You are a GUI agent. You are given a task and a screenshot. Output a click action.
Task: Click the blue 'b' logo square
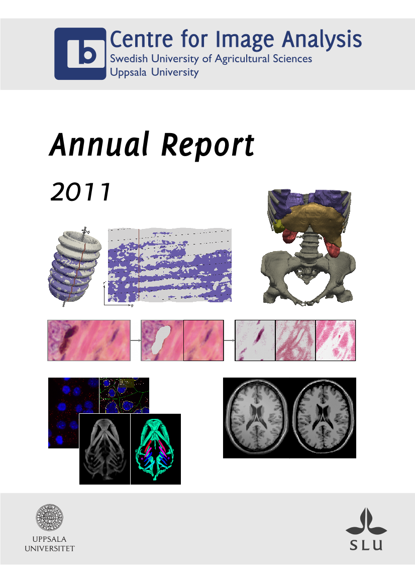pyautogui.click(x=80, y=54)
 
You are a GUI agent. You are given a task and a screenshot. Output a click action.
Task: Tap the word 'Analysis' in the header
pyautogui.click(x=322, y=39)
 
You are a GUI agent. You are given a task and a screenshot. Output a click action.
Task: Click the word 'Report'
pyautogui.click(x=208, y=146)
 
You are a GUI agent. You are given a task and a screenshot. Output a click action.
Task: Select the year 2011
pyautogui.click(x=80, y=192)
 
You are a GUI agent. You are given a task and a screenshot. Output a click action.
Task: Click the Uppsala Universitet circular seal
pyautogui.click(x=49, y=517)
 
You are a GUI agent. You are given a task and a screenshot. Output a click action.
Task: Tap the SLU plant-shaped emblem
pyautogui.click(x=366, y=522)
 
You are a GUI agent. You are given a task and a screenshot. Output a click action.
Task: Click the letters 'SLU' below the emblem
pyautogui.click(x=366, y=545)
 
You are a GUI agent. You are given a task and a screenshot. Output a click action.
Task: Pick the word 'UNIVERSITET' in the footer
pyautogui.click(x=49, y=548)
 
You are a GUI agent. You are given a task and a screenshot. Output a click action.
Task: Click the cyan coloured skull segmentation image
pyautogui.click(x=155, y=449)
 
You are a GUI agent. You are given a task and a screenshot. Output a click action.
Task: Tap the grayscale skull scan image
pyautogui.click(x=105, y=449)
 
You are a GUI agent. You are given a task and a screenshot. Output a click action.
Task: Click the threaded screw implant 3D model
pyautogui.click(x=74, y=267)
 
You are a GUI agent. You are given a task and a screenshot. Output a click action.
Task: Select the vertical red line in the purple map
pyautogui.click(x=139, y=265)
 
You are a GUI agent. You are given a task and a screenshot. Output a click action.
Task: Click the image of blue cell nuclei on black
pyautogui.click(x=74, y=413)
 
